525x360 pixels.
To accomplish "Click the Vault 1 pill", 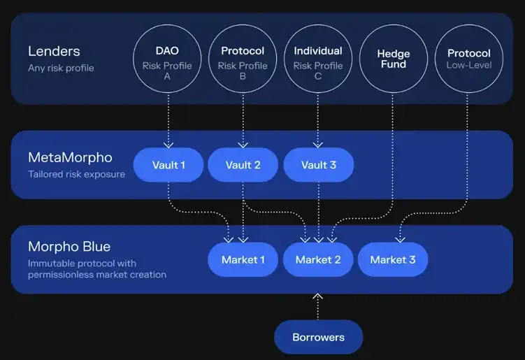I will (168, 165).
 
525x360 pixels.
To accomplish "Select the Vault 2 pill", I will (243, 165).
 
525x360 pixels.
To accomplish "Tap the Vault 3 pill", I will (319, 165).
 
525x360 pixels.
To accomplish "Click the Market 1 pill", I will (243, 260).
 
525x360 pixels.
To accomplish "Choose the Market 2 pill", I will (319, 260).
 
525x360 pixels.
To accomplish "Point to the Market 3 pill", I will (393, 260).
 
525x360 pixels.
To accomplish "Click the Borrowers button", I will (319, 338).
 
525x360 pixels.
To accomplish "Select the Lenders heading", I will (54, 51).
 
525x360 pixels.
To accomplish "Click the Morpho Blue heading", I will (69, 247).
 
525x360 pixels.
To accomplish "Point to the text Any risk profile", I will (61, 68).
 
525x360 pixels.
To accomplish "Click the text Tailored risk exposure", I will (77, 174).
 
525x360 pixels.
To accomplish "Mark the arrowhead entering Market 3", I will (400, 239).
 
